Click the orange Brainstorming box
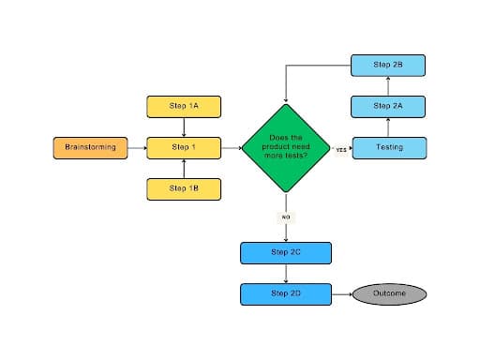[90, 147]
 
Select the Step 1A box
[184, 106]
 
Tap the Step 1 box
[184, 147]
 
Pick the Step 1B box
[184, 188]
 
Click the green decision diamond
[285, 147]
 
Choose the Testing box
[389, 147]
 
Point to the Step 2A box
[389, 106]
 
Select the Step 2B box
[389, 65]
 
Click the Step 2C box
[285, 253]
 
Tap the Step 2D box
[285, 293]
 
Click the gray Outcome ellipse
[390, 293]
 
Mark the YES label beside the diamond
[341, 148]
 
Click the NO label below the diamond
[285, 217]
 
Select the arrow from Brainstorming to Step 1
[137, 147]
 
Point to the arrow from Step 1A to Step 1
[184, 127]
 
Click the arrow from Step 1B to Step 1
[184, 168]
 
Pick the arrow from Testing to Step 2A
[389, 127]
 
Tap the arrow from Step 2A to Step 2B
[389, 85]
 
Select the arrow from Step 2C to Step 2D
[285, 273]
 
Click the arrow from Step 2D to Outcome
[342, 293]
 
